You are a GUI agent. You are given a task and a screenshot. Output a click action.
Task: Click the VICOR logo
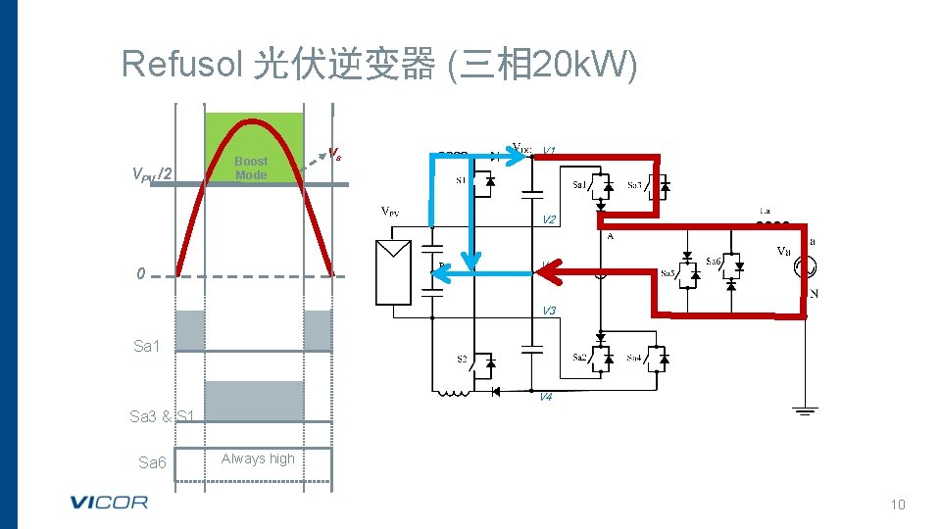click(109, 503)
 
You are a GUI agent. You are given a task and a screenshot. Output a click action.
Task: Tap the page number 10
click(898, 505)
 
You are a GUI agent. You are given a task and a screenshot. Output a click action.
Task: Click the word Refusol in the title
click(181, 65)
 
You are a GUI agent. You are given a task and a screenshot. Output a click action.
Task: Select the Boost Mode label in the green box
click(251, 168)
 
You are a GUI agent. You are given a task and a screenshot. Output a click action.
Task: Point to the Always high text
click(258, 458)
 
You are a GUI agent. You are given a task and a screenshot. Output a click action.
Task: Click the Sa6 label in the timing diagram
click(152, 462)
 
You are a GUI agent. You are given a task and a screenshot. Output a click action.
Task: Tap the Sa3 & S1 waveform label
click(164, 416)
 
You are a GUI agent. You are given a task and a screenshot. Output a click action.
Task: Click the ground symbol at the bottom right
click(805, 409)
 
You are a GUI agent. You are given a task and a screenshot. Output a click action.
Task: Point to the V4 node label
click(545, 397)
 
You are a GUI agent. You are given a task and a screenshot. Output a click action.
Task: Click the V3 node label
click(549, 312)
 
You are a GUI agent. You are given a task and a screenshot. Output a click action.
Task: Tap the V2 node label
click(549, 219)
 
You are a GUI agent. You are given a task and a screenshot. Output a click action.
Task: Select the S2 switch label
click(462, 360)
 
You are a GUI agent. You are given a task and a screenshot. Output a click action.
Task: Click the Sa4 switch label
click(635, 358)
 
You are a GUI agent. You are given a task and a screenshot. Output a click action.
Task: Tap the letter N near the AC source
click(813, 294)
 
